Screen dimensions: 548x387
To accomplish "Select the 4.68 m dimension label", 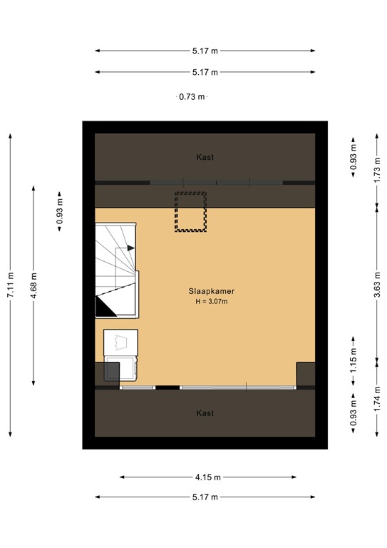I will click(34, 285).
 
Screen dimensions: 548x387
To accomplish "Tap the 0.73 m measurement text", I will click(192, 97).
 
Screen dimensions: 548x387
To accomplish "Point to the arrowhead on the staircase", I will click(130, 248).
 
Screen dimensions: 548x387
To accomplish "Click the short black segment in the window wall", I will click(167, 387).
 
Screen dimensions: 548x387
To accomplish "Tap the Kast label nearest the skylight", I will click(205, 157).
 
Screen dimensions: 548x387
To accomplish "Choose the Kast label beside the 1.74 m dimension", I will click(205, 413).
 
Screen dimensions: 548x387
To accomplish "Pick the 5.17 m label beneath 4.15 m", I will click(205, 497).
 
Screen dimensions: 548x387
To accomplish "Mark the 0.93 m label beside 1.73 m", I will click(353, 163).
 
